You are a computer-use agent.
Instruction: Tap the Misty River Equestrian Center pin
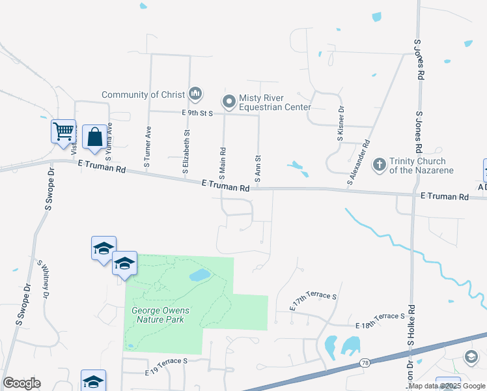coord(229,102)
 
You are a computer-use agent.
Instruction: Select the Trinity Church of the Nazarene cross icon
coord(380,165)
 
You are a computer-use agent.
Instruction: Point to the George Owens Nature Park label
coord(158,315)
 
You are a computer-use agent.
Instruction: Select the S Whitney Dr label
coord(45,279)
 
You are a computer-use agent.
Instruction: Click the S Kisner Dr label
coord(340,125)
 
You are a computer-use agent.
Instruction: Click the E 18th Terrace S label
coord(381,316)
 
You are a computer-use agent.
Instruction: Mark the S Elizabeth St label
coord(186,151)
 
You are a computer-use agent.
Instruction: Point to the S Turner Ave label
coord(148,147)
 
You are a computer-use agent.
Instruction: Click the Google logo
coord(21,383)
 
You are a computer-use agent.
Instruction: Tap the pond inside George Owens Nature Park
coord(199,276)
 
